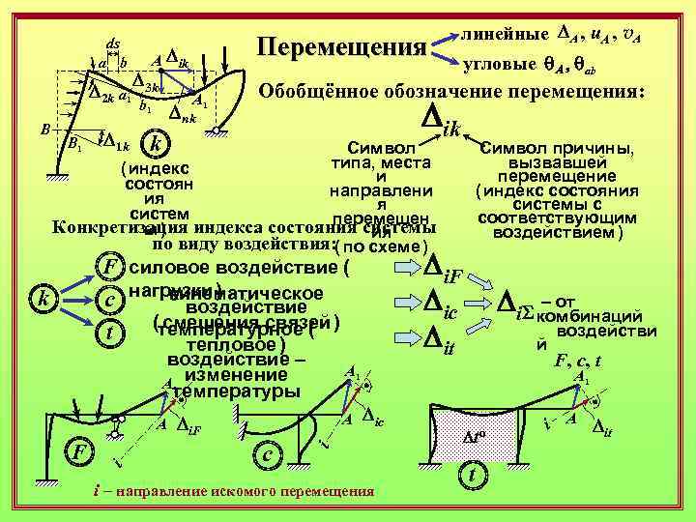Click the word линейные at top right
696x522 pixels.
point(506,33)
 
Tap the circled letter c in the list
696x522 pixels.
point(112,303)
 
